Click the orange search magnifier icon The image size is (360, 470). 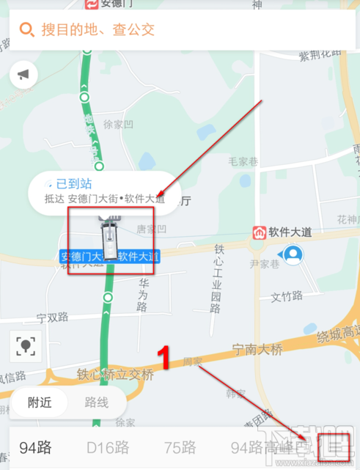(27, 30)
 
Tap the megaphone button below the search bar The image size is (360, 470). (24, 75)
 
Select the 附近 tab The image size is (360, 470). (40, 403)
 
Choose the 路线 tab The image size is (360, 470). (97, 403)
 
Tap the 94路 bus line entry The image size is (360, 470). (36, 447)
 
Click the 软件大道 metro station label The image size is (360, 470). (291, 232)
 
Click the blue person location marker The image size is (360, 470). (293, 254)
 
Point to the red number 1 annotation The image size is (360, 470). (166, 357)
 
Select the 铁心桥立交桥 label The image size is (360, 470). (116, 375)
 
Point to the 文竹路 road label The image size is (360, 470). (287, 296)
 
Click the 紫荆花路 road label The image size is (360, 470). (321, 55)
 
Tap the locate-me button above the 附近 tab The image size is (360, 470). (27, 346)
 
